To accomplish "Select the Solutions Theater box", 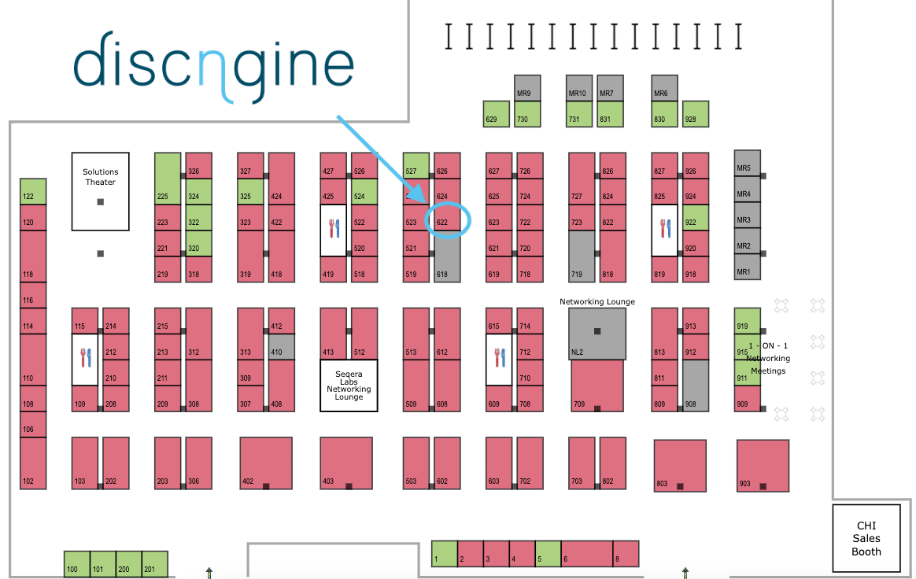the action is tap(100, 191).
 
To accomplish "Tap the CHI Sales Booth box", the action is tap(866, 538).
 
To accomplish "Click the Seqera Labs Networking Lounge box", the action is tap(349, 385).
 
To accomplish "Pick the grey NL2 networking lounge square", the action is tap(597, 334).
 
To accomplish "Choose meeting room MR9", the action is tap(527, 88).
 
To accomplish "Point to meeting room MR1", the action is tap(747, 267).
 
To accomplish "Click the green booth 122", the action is tap(32, 192).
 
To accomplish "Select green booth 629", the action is tap(496, 114).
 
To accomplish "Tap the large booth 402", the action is tap(266, 464).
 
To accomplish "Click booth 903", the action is tap(763, 466).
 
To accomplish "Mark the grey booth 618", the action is tap(447, 259).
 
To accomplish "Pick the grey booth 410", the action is tap(281, 347).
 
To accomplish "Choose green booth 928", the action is tap(695, 114).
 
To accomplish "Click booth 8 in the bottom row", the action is tap(626, 553).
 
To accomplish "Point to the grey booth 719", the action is tap(582, 256).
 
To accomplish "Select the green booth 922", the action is tap(696, 218).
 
